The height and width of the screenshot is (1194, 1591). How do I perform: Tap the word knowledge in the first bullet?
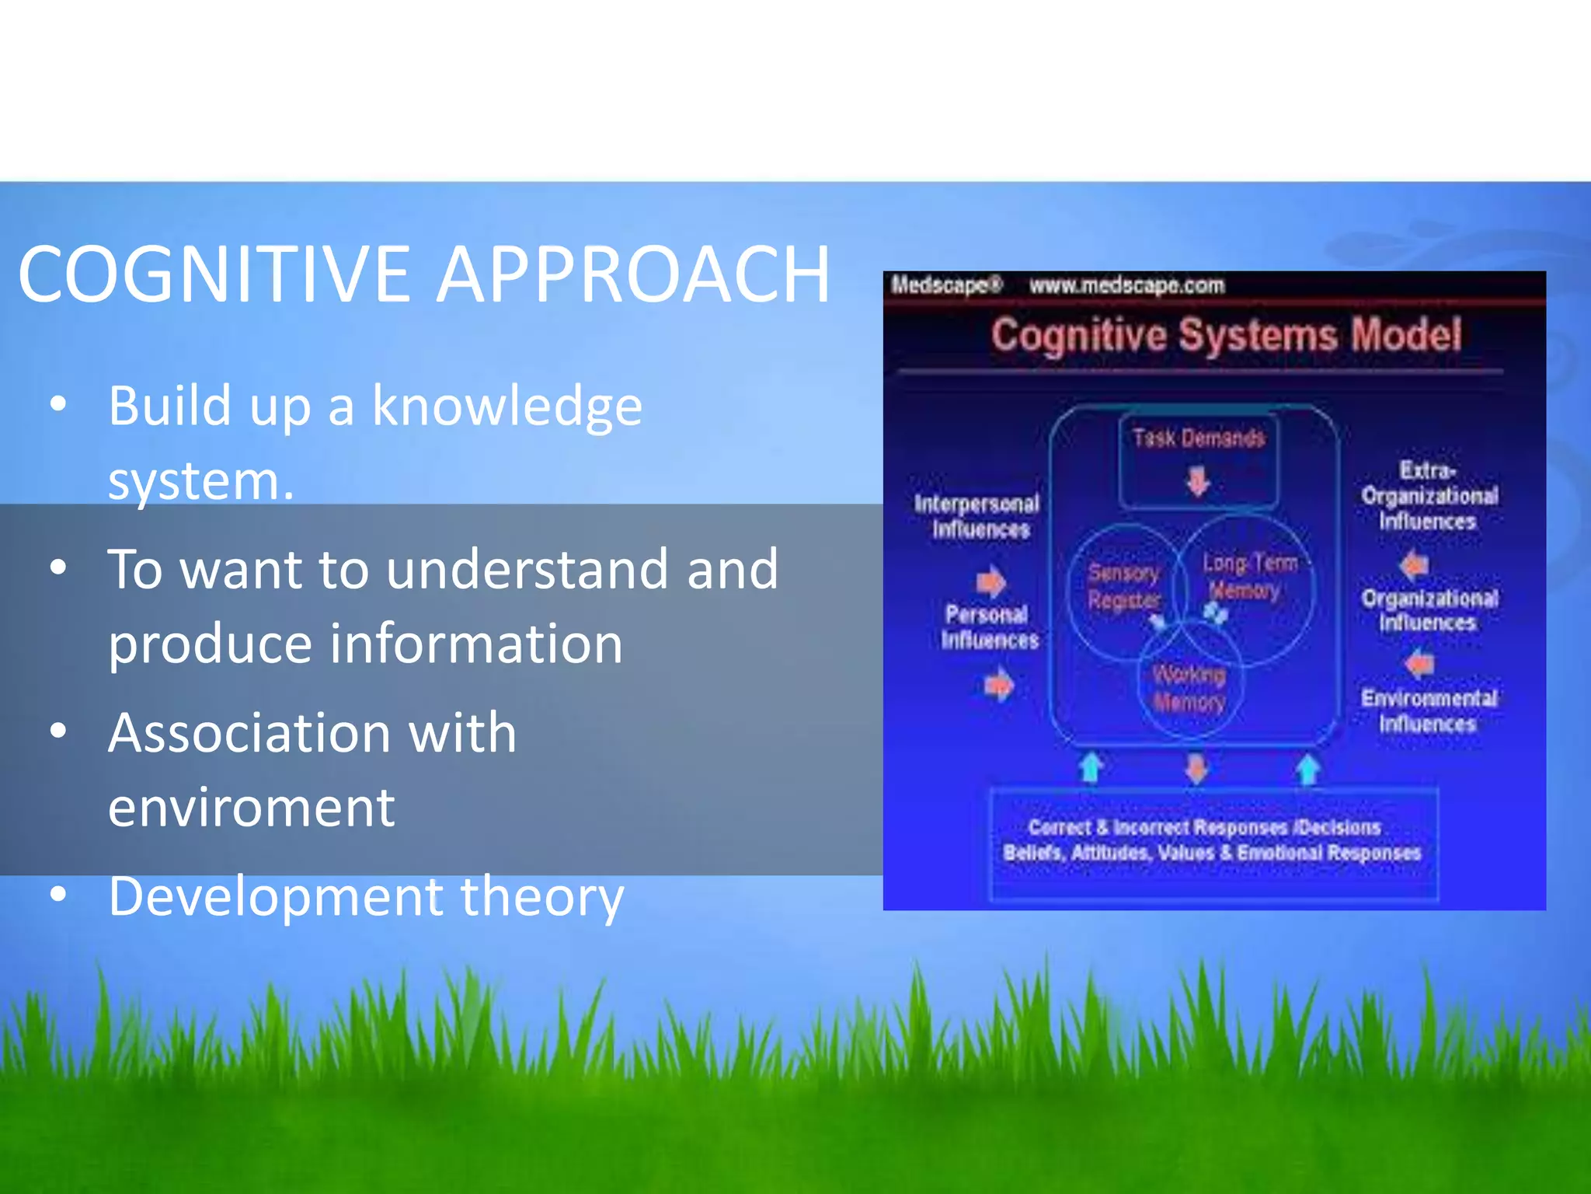pyautogui.click(x=507, y=406)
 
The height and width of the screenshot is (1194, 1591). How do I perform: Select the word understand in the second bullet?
pyautogui.click(x=528, y=569)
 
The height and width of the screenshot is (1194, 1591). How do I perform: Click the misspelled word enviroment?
pyautogui.click(x=251, y=808)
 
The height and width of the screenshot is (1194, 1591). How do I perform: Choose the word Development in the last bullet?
pyautogui.click(x=275, y=896)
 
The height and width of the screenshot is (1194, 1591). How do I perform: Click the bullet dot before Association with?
pyautogui.click(x=58, y=731)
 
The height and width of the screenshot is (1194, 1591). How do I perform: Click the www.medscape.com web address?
pyautogui.click(x=1126, y=285)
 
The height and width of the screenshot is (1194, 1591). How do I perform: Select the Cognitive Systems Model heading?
pyautogui.click(x=1225, y=335)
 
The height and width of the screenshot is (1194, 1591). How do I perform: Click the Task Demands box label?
pyautogui.click(x=1198, y=438)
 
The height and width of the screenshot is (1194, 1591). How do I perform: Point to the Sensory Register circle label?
pyautogui.click(x=1123, y=586)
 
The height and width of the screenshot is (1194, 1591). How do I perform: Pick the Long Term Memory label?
pyautogui.click(x=1248, y=576)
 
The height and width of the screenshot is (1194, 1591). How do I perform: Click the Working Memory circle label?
pyautogui.click(x=1189, y=688)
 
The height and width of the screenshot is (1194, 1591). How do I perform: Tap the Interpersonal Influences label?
pyautogui.click(x=977, y=516)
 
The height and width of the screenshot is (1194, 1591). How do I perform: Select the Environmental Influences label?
pyautogui.click(x=1428, y=710)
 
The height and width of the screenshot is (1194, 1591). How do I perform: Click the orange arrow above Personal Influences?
pyautogui.click(x=990, y=581)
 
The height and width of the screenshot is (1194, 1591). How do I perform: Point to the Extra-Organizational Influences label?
pyautogui.click(x=1429, y=495)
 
